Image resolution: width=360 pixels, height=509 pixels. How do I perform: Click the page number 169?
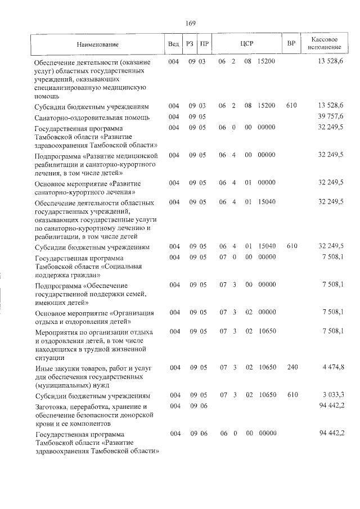click(x=190, y=24)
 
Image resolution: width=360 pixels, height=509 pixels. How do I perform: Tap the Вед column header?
click(x=174, y=44)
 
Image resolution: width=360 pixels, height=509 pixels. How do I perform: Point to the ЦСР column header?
click(x=247, y=44)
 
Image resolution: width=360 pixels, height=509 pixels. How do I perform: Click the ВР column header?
click(x=291, y=44)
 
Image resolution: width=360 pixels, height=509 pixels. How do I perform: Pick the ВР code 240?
click(x=291, y=367)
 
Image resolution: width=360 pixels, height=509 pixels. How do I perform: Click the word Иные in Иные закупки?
click(x=43, y=368)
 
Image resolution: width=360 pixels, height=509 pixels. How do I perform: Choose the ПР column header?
click(x=205, y=44)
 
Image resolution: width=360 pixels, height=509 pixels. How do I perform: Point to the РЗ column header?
click(x=190, y=44)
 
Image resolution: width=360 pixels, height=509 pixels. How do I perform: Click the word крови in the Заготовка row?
click(x=44, y=423)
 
